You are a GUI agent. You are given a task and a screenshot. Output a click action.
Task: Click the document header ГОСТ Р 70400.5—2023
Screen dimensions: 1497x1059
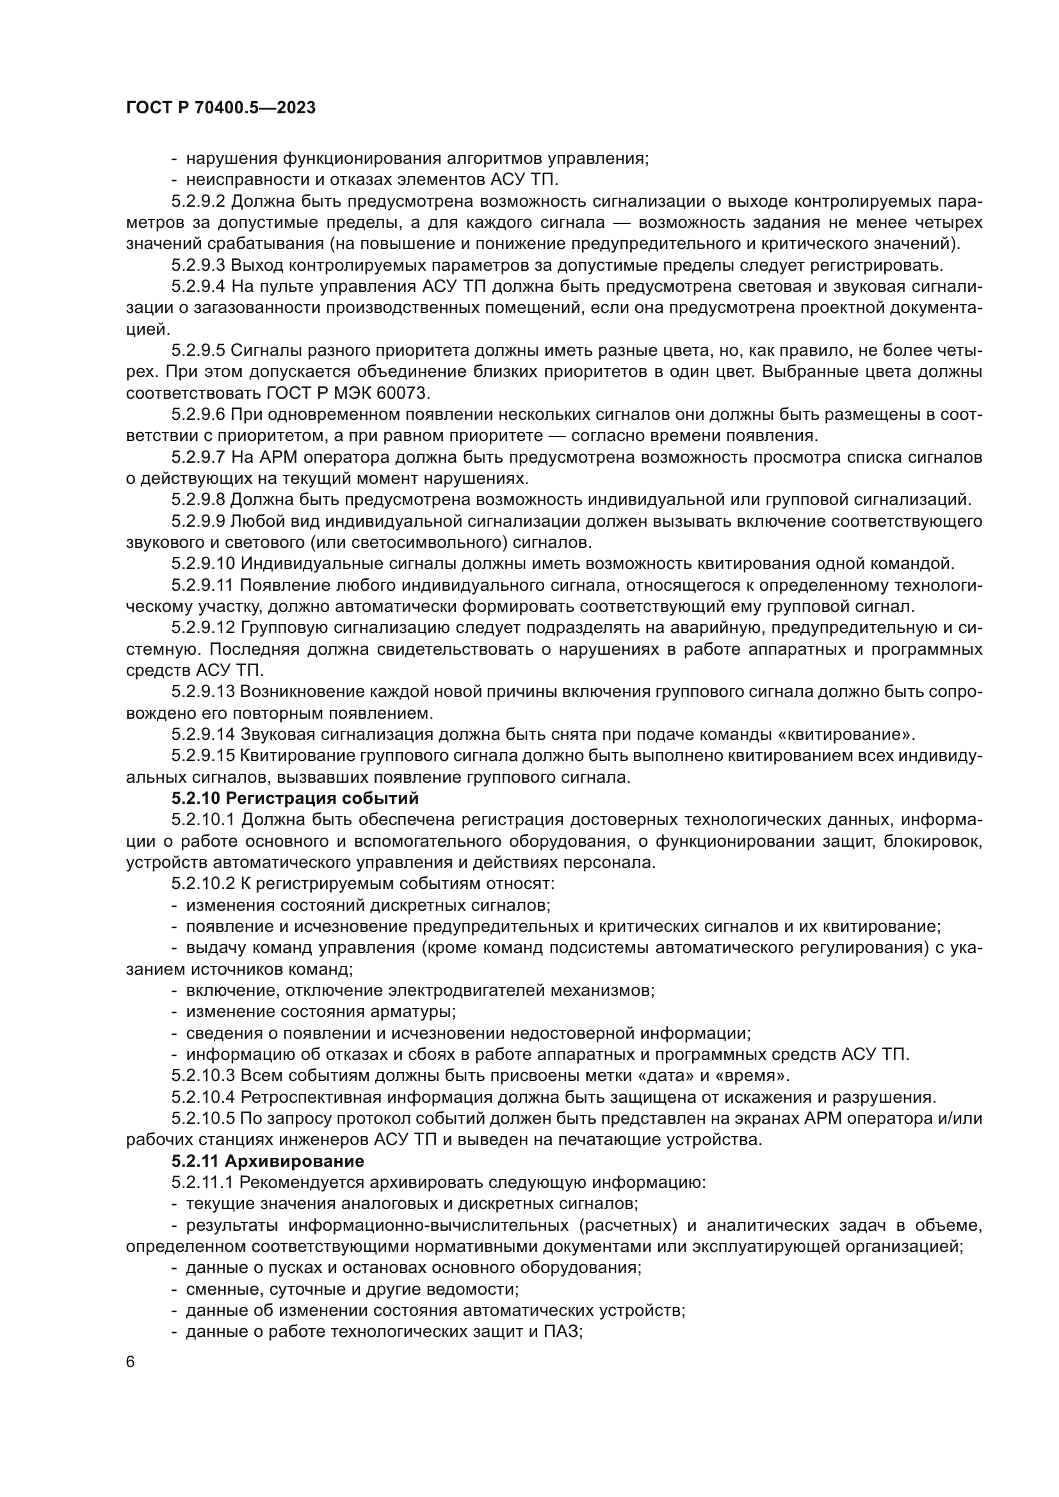point(220,108)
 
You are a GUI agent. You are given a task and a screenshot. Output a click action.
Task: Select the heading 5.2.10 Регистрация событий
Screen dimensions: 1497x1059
point(295,799)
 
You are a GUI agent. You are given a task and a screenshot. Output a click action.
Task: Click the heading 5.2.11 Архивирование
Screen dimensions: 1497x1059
point(268,1161)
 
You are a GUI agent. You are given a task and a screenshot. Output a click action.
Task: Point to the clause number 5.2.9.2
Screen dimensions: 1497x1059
point(198,202)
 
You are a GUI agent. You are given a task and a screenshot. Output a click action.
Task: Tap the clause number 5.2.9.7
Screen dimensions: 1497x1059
point(198,458)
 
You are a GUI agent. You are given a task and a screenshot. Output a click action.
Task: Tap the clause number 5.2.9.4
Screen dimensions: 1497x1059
point(198,287)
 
